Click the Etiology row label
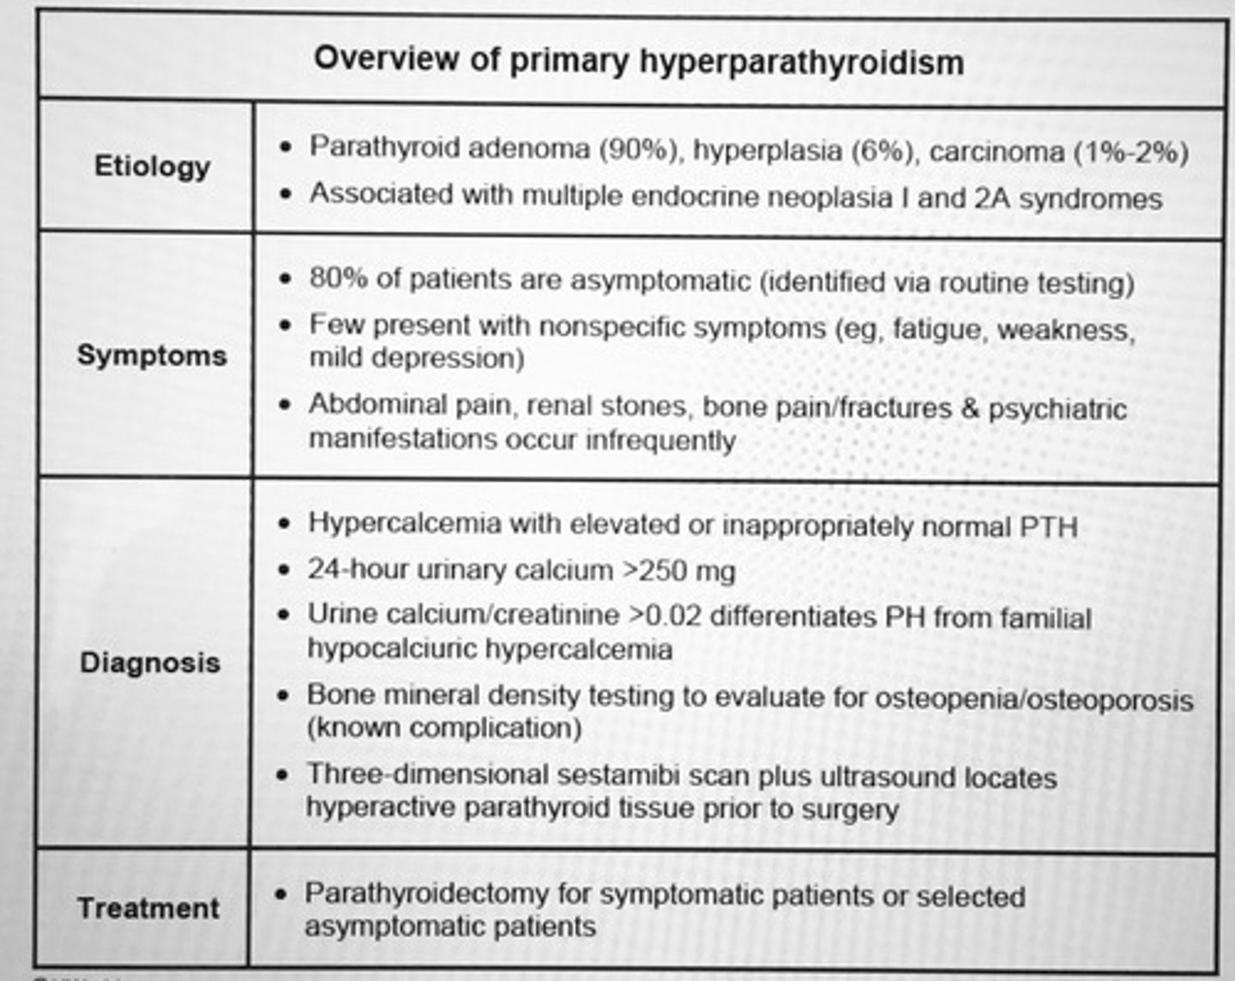coord(152,166)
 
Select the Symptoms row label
coord(152,355)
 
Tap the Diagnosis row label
coord(150,663)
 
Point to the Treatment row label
coord(148,908)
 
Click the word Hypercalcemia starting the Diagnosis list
coord(404,524)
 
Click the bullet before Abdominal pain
coord(286,405)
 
